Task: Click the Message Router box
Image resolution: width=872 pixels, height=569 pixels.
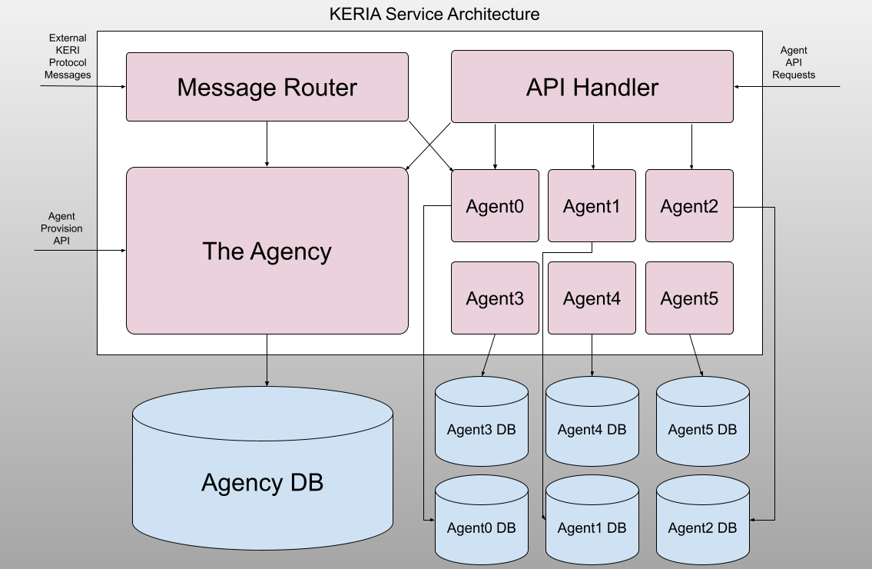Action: coord(267,87)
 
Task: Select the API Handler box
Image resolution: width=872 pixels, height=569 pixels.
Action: coord(592,87)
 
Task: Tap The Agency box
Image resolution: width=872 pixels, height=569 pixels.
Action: coord(267,251)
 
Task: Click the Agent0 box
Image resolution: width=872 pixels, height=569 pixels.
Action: coord(495,206)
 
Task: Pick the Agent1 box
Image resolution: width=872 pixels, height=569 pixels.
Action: coord(592,206)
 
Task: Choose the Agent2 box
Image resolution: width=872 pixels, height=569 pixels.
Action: coord(689,206)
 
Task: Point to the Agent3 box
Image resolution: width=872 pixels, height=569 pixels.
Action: coord(495,298)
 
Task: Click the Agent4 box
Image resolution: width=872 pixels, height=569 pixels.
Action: coord(592,298)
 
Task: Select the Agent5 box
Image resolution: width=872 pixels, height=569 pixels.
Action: coord(689,298)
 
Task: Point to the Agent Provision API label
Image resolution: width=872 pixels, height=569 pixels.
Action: coord(61,228)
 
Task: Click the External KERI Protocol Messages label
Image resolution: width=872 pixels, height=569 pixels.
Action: coord(68,56)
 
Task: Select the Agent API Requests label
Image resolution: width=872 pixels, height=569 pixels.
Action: coord(794,62)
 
